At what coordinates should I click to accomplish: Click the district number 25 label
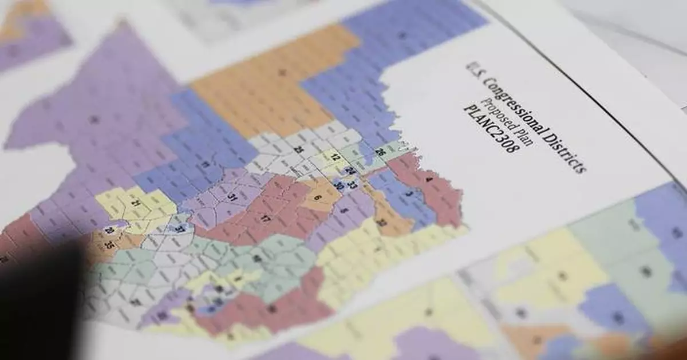[298, 150]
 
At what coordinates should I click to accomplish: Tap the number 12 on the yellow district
[335, 157]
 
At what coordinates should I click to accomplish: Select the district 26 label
[380, 152]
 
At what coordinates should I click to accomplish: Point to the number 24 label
[350, 171]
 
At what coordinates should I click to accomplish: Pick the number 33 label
[353, 185]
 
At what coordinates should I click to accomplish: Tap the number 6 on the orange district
[318, 198]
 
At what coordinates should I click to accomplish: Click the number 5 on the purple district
[343, 210]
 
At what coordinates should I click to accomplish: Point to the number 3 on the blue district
[408, 195]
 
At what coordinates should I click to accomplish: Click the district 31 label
[232, 197]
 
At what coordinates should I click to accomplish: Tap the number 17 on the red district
[265, 219]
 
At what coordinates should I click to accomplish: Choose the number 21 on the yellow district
[136, 204]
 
